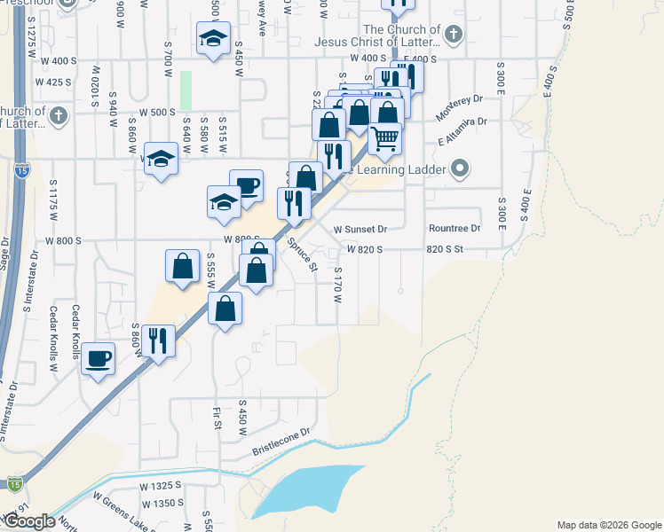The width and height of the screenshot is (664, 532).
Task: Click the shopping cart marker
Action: (384, 139)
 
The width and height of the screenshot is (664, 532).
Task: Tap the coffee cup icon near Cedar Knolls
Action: (98, 359)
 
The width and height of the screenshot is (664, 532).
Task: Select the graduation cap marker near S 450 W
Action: (213, 38)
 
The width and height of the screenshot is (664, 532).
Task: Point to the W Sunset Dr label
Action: (360, 229)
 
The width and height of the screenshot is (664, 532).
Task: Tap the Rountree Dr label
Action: (454, 228)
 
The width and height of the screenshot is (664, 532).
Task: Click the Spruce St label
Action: (302, 254)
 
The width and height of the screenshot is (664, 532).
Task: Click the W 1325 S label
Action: (160, 486)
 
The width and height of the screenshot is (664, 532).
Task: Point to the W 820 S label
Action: (365, 250)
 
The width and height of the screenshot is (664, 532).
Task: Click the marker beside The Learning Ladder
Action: (459, 168)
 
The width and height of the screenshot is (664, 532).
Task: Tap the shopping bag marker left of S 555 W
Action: (182, 267)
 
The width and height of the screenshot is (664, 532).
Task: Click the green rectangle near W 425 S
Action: (186, 89)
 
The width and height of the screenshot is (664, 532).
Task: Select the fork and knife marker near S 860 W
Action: (158, 341)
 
